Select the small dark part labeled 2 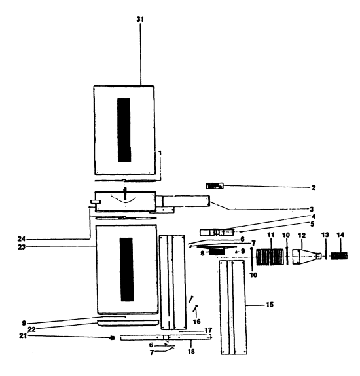pyautogui.click(x=215, y=186)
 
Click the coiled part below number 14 pyautogui.click(x=338, y=256)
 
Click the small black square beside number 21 pyautogui.click(x=113, y=338)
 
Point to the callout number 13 pyautogui.click(x=325, y=235)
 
